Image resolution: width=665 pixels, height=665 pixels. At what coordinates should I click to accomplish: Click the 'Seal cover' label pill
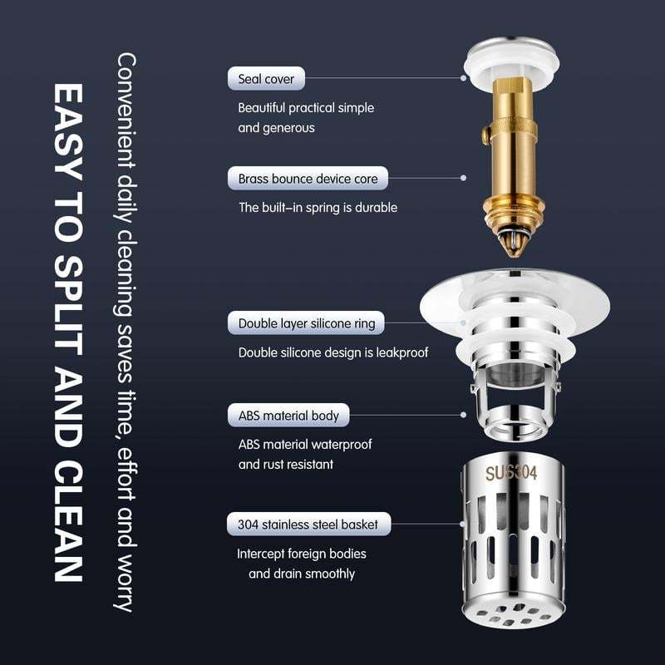pyautogui.click(x=267, y=80)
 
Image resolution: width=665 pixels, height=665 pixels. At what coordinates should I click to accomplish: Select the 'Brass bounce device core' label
pyautogui.click(x=308, y=179)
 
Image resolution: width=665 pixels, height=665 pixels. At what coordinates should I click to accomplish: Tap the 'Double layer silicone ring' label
pyautogui.click(x=306, y=323)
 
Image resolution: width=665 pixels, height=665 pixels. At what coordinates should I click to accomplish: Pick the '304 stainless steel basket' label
pyautogui.click(x=308, y=525)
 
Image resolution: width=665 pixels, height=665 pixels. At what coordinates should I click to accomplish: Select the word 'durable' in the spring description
pyautogui.click(x=375, y=207)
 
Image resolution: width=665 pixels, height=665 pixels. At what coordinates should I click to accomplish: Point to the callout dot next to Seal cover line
pyautogui.click(x=465, y=78)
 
